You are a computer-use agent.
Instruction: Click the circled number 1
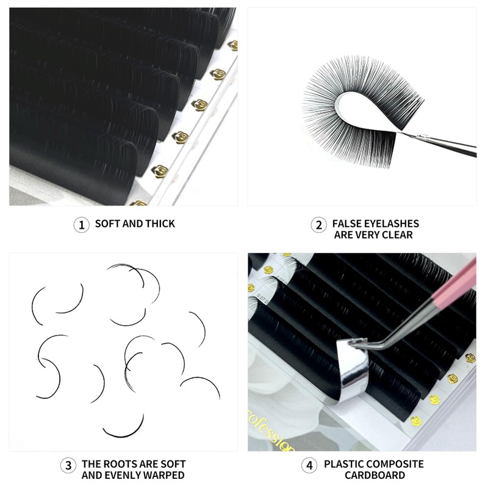[x=81, y=224]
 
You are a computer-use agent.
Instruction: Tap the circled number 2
[x=318, y=225]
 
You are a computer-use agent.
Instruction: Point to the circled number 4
[x=310, y=465]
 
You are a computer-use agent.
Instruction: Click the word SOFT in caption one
[x=107, y=224]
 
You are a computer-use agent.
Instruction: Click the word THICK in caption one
[x=159, y=224]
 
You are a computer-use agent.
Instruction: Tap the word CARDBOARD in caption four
[x=375, y=475]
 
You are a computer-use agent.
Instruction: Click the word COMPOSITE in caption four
[x=397, y=464]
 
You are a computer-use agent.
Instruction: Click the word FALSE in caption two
[x=348, y=224]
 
